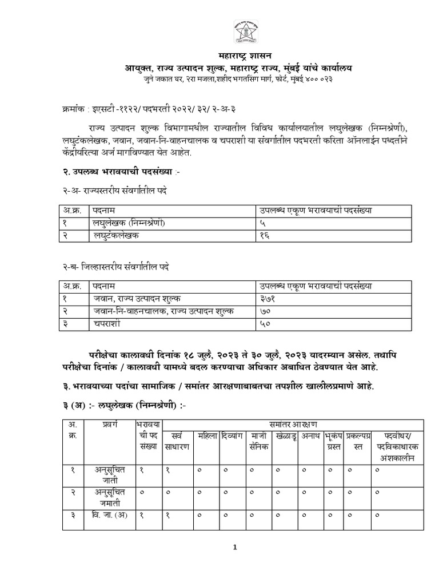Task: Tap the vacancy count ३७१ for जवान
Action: (265, 298)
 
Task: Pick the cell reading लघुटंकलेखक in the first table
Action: (117, 235)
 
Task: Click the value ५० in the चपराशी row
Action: (264, 323)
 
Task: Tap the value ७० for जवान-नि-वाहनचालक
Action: (264, 311)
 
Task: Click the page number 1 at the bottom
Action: (234, 548)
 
